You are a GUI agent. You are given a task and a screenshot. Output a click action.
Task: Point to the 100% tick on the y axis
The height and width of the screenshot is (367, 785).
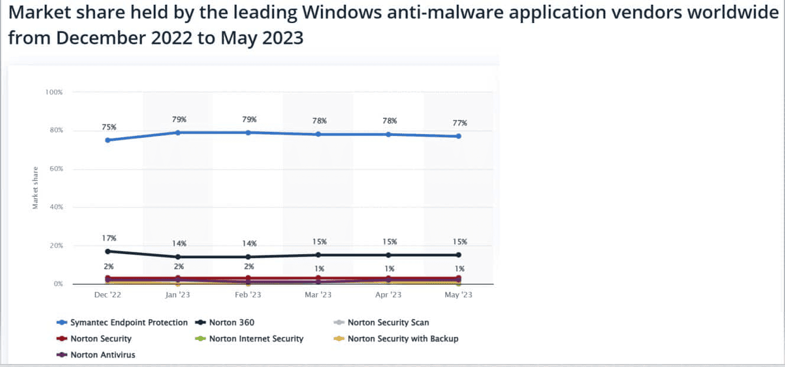[x=54, y=92]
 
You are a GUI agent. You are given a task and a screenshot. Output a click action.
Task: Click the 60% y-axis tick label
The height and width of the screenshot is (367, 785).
[x=55, y=169]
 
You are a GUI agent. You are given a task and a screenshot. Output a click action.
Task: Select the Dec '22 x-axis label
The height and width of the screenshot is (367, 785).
[x=108, y=294]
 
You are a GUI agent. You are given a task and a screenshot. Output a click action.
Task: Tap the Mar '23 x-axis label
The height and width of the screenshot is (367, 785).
[x=318, y=294]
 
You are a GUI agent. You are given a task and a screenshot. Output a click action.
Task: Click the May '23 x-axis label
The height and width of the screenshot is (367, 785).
[x=459, y=294]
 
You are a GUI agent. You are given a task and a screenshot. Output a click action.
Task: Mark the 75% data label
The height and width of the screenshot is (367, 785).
[x=109, y=127]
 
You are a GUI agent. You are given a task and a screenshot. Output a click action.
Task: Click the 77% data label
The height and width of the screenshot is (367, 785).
[x=460, y=123]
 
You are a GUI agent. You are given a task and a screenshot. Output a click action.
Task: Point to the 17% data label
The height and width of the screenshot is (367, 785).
[x=109, y=238]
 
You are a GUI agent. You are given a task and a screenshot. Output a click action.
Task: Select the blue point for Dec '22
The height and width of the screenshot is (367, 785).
[x=108, y=140]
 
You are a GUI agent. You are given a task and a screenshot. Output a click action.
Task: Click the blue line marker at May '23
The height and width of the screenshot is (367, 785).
[x=459, y=136]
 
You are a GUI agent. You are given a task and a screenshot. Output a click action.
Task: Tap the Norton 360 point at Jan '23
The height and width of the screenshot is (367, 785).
[x=178, y=256]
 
